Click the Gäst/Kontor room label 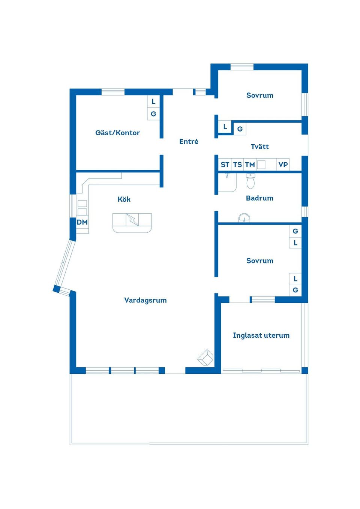point(117,133)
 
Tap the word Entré point(189,141)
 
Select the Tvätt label point(260,147)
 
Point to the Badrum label point(259,198)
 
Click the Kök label point(124,199)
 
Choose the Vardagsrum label point(145,300)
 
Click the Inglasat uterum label point(261,335)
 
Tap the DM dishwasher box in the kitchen point(82,222)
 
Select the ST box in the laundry point(225,165)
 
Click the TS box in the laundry point(237,165)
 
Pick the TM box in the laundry point(250,165)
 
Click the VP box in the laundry point(283,165)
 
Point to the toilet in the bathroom point(250,181)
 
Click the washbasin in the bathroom point(244,218)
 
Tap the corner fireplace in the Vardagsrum point(205,358)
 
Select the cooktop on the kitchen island point(132,220)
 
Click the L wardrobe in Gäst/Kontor point(153,102)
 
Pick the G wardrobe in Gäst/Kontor point(153,114)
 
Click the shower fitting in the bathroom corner point(227,175)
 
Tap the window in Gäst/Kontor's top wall point(113,92)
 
